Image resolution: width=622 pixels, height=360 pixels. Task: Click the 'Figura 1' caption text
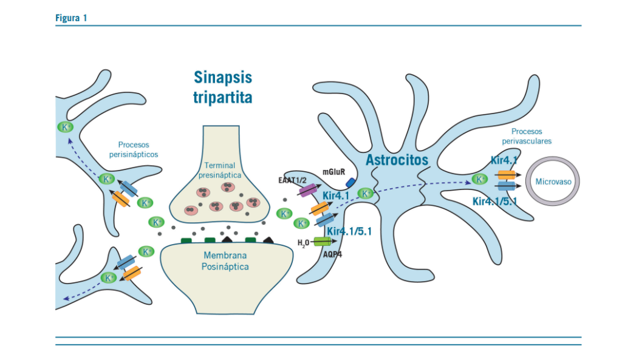click(71, 18)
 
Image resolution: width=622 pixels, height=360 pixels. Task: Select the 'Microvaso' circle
click(552, 182)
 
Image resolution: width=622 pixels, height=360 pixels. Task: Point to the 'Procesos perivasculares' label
click(527, 136)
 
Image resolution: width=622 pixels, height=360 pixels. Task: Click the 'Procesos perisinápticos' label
click(134, 150)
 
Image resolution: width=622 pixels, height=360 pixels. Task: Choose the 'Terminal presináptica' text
click(219, 170)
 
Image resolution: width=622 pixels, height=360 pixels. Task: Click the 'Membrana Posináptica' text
click(225, 261)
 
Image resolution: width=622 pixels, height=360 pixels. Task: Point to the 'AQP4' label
click(332, 254)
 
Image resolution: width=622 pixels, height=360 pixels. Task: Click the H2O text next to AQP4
click(302, 243)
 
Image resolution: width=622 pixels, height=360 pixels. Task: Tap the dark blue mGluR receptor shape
click(350, 182)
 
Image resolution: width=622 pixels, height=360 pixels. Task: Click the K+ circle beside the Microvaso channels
click(479, 179)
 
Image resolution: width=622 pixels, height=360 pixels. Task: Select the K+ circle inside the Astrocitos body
click(366, 194)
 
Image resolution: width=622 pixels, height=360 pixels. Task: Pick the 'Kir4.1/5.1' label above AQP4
click(349, 231)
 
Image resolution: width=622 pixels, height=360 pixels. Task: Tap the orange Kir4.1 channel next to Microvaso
click(507, 175)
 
